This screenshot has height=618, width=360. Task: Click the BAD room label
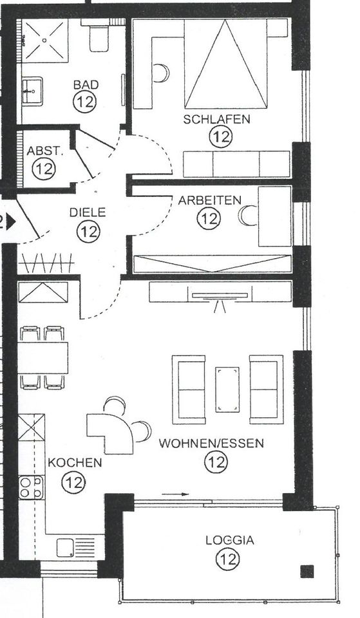(85, 84)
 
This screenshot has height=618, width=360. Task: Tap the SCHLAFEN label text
(216, 119)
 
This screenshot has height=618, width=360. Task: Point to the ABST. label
(44, 151)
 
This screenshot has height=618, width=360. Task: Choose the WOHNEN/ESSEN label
(212, 444)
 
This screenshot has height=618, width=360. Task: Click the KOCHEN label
(74, 462)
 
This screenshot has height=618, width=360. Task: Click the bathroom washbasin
(32, 91)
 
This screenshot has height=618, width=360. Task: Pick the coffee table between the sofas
(227, 389)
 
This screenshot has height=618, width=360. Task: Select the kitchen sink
(66, 547)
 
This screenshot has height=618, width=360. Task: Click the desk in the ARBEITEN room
(275, 216)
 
